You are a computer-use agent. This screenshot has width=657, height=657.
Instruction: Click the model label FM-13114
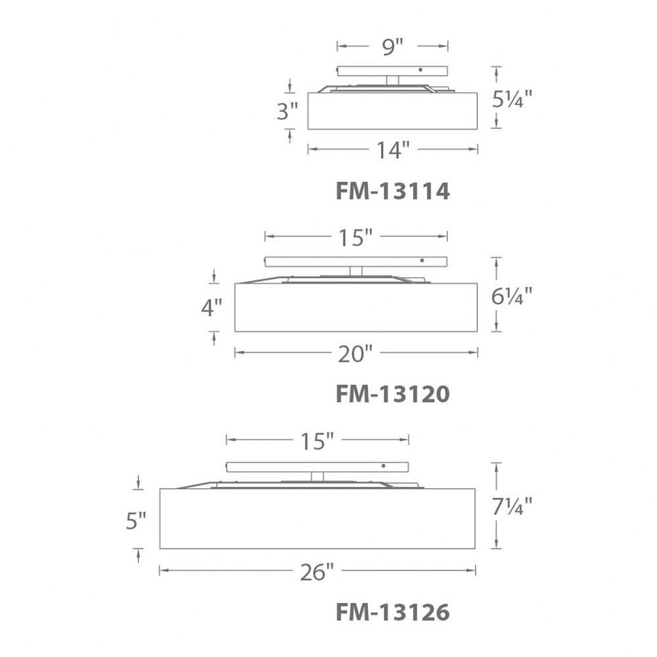[393, 191]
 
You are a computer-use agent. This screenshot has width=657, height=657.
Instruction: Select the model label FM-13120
[393, 394]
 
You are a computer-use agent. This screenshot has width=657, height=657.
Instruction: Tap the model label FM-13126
[393, 612]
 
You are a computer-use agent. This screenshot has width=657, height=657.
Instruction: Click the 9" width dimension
[393, 46]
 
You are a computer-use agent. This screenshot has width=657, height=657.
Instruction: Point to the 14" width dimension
[393, 150]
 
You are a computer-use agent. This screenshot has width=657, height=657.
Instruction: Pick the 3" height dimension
[287, 111]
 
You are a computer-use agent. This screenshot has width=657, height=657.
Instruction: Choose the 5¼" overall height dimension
[512, 99]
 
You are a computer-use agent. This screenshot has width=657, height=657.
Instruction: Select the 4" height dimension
[212, 308]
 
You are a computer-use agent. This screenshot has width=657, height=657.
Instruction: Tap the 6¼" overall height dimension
[512, 296]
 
